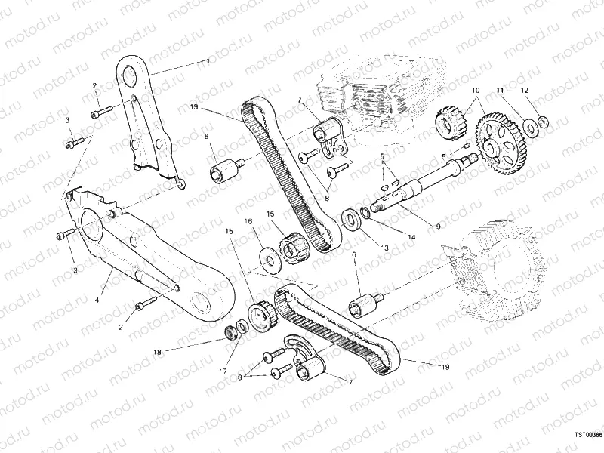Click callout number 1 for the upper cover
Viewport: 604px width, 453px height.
pos(206,60)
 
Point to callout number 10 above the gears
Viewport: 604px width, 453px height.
pos(476,91)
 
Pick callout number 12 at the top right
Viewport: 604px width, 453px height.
pos(525,91)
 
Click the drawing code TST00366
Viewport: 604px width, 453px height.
pos(587,435)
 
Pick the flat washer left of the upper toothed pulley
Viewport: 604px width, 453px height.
pos(268,257)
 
